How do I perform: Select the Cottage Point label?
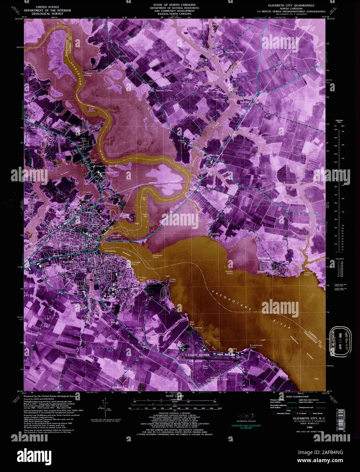point(136,263)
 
